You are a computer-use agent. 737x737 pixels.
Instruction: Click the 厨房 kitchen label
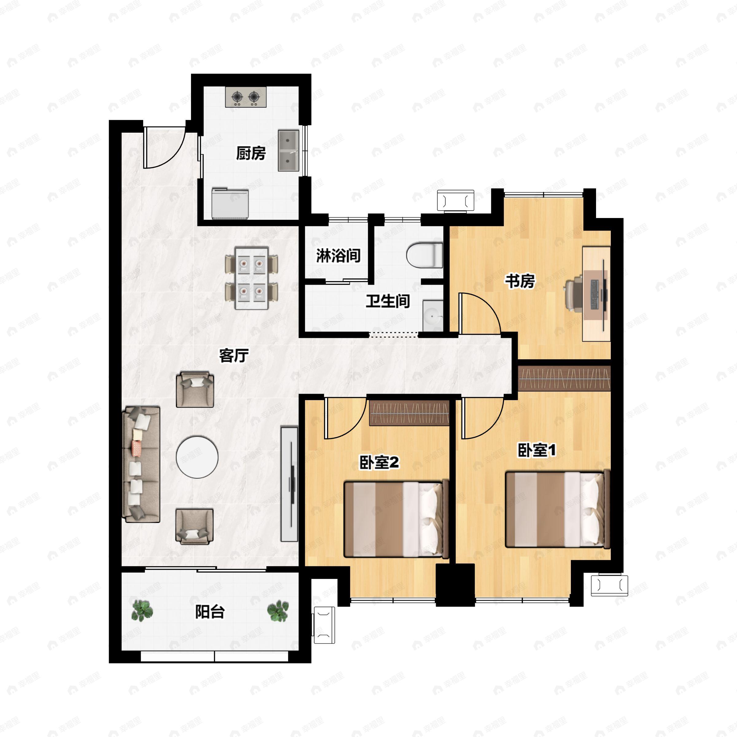click(251, 153)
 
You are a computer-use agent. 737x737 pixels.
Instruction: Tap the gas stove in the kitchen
click(246, 97)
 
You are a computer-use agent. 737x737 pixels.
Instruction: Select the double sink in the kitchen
click(288, 150)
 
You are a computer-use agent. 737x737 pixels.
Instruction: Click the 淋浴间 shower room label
click(338, 255)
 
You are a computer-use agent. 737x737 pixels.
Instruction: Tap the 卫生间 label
click(388, 301)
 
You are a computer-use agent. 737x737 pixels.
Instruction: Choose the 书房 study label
click(520, 281)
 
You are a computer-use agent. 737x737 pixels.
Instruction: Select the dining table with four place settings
click(252, 279)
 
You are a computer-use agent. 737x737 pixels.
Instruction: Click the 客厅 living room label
click(234, 356)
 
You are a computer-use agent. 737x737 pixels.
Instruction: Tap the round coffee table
click(197, 457)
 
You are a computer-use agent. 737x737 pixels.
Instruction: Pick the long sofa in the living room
click(141, 464)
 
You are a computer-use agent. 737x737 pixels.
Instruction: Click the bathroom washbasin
click(433, 316)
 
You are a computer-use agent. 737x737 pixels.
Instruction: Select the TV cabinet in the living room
click(289, 484)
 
